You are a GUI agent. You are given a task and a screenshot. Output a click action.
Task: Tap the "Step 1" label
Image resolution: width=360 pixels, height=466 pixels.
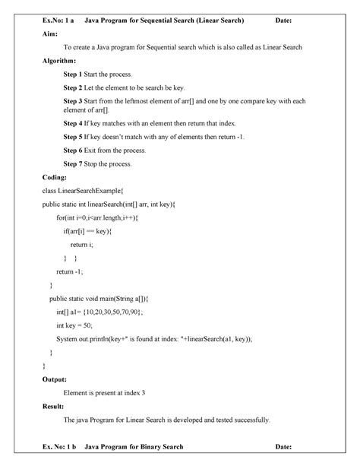click(x=76, y=75)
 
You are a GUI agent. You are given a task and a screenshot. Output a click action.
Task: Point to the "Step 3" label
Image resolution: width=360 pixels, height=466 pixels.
click(x=76, y=100)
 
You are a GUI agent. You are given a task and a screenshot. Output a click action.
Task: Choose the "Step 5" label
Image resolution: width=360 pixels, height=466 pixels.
click(x=76, y=137)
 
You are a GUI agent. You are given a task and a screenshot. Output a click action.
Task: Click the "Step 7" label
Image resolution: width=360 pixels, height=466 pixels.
click(x=76, y=163)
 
